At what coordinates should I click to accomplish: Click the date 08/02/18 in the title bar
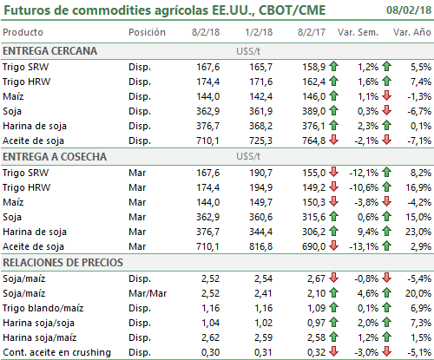409,10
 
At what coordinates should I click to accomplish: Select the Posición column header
147,32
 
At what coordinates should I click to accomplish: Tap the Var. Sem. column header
358,32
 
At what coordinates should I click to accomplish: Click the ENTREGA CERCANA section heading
49,51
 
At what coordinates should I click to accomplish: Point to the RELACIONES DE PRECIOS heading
62,262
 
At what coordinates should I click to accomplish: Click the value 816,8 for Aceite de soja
260,246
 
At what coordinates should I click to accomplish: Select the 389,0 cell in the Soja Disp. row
314,111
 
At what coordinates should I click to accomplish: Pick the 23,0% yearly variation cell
418,232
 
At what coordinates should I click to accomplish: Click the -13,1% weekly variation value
364,246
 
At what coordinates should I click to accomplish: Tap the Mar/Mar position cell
148,293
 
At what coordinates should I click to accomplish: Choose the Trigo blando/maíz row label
43,308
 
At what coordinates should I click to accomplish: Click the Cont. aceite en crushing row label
56,352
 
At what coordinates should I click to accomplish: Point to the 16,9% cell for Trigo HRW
418,187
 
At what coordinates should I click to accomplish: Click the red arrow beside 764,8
333,140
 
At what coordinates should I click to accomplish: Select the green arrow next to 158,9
333,66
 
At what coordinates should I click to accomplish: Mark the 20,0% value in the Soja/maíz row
418,293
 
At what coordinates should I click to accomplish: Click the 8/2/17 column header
312,32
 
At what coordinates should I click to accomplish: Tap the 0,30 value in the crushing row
210,352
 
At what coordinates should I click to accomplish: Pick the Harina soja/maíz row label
40,337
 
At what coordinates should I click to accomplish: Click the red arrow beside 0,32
333,351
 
